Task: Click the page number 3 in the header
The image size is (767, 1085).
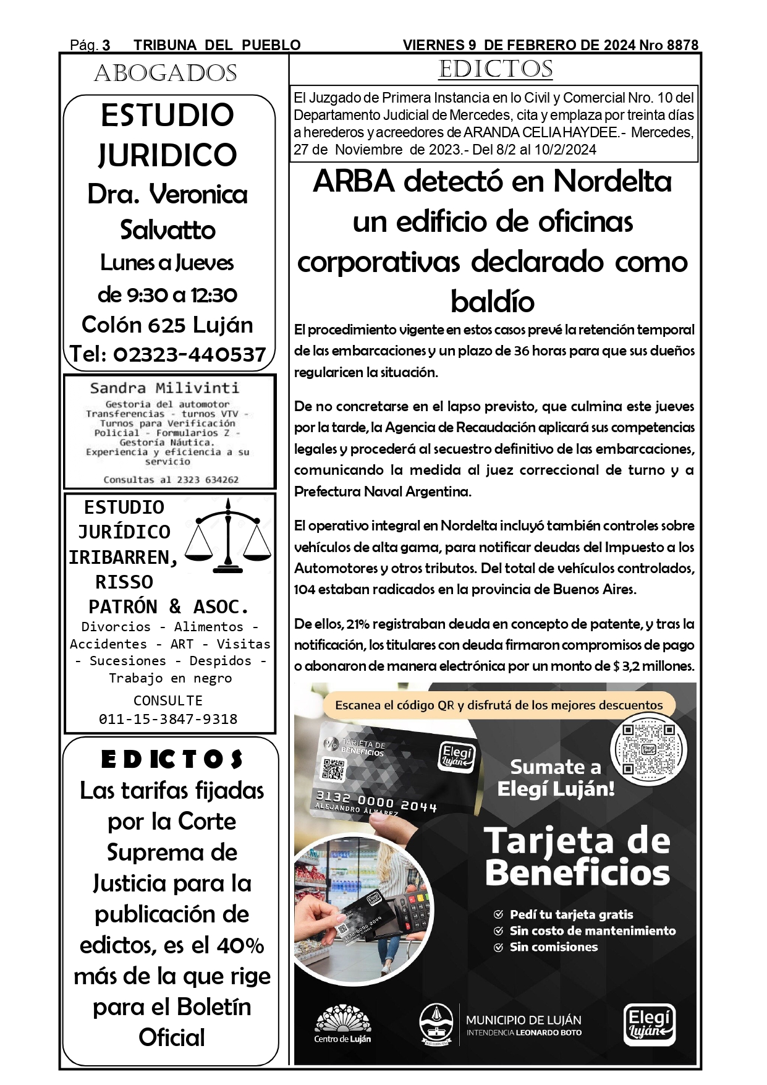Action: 106,45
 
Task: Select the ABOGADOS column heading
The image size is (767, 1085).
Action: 165,74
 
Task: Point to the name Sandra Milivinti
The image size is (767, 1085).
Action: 164,388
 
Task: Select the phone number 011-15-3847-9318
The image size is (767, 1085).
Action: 168,719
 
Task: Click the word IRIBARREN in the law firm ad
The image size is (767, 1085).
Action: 122,557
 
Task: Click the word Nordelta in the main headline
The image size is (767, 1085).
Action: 612,182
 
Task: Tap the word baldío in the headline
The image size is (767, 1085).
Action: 493,302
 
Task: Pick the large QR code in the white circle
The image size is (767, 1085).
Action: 648,749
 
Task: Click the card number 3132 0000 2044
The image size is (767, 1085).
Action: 376,801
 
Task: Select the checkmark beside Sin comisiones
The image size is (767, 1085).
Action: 498,947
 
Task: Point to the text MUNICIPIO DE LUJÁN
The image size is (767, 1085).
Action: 523,1020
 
